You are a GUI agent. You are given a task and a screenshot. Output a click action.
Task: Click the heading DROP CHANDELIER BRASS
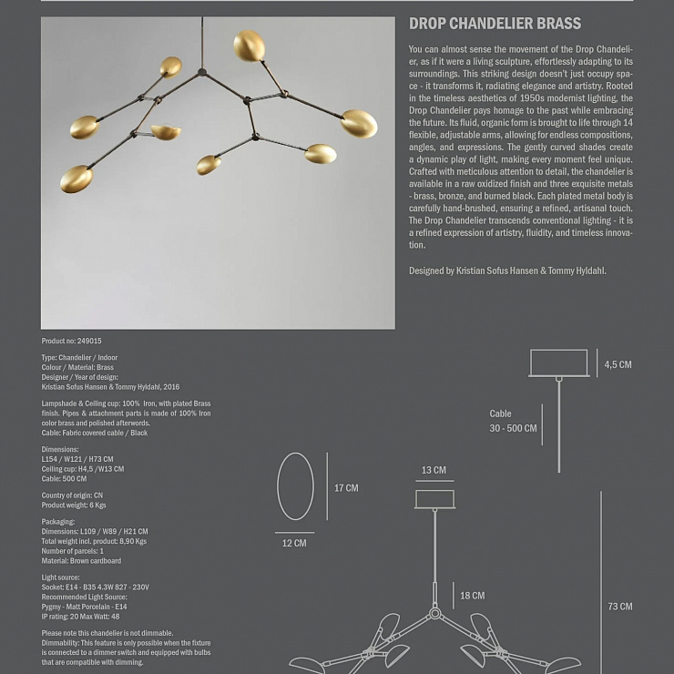pyautogui.click(x=495, y=25)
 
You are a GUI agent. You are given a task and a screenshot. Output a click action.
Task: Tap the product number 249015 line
pyautogui.click(x=72, y=341)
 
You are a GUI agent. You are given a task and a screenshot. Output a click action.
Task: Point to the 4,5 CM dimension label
pyautogui.click(x=618, y=364)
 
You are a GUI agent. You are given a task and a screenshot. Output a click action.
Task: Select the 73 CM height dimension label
pyautogui.click(x=620, y=606)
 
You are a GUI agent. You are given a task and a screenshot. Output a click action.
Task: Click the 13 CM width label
pyautogui.click(x=434, y=471)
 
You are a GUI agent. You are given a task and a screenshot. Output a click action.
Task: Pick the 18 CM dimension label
pyautogui.click(x=472, y=596)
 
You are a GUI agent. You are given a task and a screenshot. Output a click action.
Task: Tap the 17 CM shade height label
pyautogui.click(x=346, y=488)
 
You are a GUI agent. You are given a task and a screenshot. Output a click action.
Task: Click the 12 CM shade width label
pyautogui.click(x=294, y=543)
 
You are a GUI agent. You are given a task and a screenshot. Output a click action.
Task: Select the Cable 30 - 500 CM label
pyautogui.click(x=513, y=421)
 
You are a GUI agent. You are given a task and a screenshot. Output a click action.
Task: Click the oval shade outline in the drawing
pyautogui.click(x=295, y=486)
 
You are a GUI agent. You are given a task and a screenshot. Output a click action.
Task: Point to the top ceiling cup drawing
pyautogui.click(x=558, y=363)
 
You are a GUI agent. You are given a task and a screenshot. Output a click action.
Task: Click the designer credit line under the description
pyautogui.click(x=507, y=271)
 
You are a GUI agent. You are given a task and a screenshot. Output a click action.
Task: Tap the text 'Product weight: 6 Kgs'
pyautogui.click(x=74, y=505)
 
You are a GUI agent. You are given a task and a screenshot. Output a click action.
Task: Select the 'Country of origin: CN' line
pyautogui.click(x=73, y=495)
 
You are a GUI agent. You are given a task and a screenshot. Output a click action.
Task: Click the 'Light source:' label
pyautogui.click(x=61, y=577)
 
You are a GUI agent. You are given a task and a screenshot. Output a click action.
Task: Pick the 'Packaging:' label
pyautogui.click(x=58, y=522)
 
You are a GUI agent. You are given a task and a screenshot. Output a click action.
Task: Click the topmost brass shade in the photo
pyautogui.click(x=249, y=46)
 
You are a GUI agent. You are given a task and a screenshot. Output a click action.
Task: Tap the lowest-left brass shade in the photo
pyautogui.click(x=77, y=179)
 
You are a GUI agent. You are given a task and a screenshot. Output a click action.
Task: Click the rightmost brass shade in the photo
pyautogui.click(x=359, y=123)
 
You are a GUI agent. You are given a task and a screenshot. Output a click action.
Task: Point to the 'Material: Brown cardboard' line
pyautogui.click(x=81, y=561)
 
